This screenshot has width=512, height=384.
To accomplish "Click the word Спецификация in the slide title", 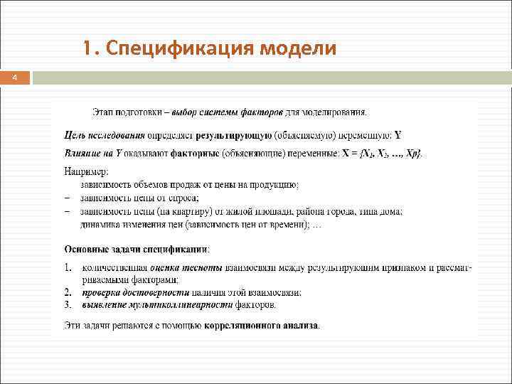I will (x=178, y=49).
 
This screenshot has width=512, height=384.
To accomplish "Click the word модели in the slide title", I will (x=299, y=49).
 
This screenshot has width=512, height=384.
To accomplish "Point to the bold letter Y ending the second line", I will (x=398, y=134).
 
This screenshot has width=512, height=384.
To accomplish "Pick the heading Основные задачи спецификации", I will (x=137, y=249).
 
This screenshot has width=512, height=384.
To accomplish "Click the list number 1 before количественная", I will (x=68, y=267).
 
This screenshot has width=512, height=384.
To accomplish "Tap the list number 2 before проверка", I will (x=68, y=292).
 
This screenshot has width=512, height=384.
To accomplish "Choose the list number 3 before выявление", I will (x=68, y=305).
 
